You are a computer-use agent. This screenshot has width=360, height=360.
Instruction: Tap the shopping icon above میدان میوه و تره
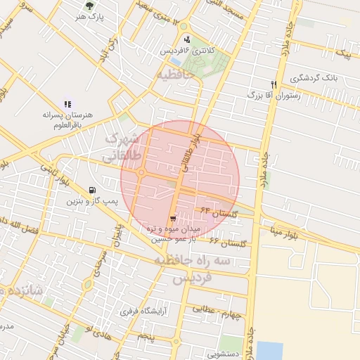[x=174, y=219]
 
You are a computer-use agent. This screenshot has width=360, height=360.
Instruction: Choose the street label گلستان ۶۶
[x=229, y=242]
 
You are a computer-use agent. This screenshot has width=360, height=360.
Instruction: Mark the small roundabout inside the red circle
[x=141, y=172]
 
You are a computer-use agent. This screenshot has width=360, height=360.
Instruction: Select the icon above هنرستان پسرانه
[x=67, y=104]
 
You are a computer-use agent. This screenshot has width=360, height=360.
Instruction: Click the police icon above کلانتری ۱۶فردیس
[x=186, y=39]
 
